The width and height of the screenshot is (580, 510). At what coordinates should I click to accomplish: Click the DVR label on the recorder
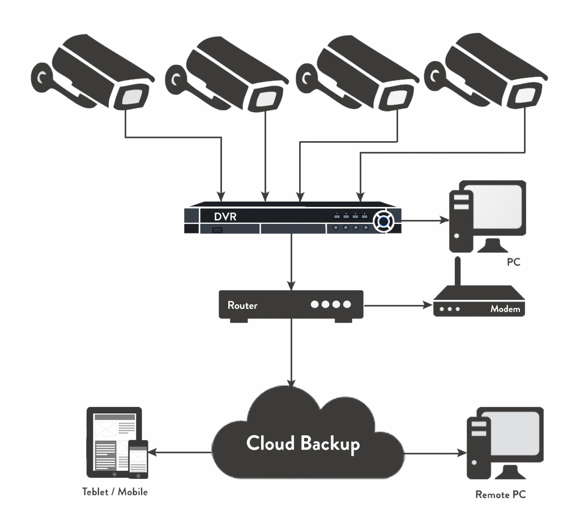tap(225, 216)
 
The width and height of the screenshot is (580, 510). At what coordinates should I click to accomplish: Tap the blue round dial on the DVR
tap(383, 220)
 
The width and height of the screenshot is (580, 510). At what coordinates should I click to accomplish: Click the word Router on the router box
tap(242, 305)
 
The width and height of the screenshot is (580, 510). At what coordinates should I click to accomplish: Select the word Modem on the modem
tap(505, 309)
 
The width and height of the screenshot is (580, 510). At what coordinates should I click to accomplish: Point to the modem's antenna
tap(458, 271)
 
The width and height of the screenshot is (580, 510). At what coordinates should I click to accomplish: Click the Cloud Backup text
tap(303, 443)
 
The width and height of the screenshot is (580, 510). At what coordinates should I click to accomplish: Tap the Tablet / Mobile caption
tap(115, 492)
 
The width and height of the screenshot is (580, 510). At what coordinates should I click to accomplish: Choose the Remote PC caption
tap(501, 495)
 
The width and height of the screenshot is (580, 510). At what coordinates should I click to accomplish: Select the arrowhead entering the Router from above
tap(291, 284)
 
